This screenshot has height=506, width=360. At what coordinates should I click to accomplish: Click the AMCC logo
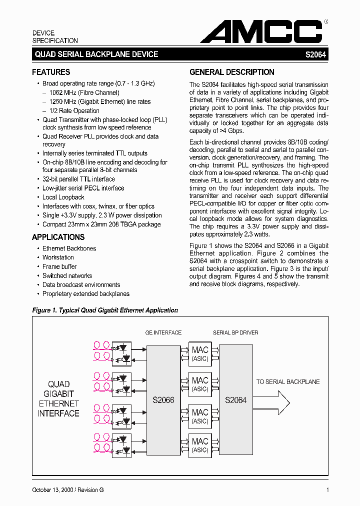point(261,32)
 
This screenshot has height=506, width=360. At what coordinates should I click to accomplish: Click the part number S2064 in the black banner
point(315,54)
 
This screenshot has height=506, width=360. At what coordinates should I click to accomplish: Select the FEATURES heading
point(51,72)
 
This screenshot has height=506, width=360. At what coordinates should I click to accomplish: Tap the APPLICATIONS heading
point(58,237)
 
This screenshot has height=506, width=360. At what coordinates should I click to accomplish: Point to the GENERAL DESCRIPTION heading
point(232,72)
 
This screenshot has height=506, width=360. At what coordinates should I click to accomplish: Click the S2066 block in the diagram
point(163,400)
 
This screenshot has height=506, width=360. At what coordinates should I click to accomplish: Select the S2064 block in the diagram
point(235,400)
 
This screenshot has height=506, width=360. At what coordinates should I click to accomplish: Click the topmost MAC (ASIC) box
point(200,354)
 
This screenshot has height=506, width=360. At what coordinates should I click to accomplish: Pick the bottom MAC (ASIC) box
point(200,445)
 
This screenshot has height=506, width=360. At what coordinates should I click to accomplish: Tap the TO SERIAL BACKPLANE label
point(288,382)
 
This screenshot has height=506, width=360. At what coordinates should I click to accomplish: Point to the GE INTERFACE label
point(163,332)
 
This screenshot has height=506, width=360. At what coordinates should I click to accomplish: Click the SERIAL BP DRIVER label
point(235,332)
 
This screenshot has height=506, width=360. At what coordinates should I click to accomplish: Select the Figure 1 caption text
point(105,310)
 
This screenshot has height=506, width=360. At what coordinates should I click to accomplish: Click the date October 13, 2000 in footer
point(53,490)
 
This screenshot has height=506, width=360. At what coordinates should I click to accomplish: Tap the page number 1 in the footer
point(327,490)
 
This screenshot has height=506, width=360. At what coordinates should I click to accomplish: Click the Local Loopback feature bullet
point(63,197)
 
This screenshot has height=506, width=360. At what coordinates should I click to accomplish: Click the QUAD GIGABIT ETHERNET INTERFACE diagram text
point(58,398)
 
